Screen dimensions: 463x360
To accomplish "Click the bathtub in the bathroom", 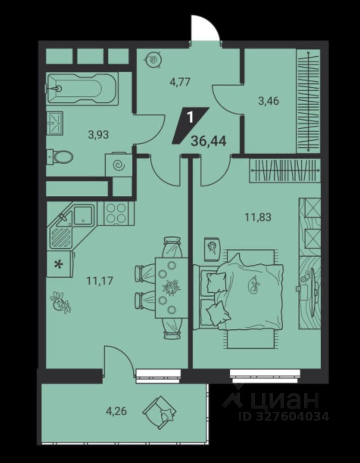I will coord(82,89).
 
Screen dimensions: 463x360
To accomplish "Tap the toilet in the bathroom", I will coord(61,156).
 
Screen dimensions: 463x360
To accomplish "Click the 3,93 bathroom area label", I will coord(98,135).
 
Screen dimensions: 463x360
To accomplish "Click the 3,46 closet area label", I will coord(269,101).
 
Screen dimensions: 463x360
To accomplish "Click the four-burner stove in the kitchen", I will coord(116,213).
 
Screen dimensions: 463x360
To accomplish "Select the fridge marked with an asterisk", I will coord(59,264).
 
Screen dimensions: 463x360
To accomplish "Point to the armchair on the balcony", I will coord(160,411).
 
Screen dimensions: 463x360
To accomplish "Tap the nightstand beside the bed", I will coord(212,249).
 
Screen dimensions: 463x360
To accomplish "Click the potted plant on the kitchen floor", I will coord(61,301).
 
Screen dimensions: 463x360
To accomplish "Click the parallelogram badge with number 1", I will coord(190,124).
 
